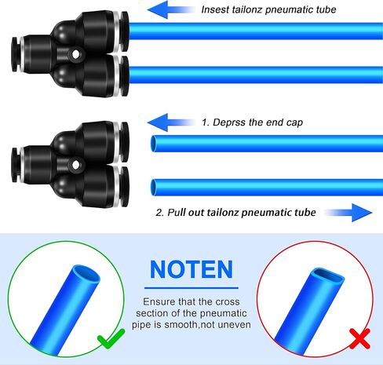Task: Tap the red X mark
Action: tap(360, 338)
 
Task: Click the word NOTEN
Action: tap(191, 269)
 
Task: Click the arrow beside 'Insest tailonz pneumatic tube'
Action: tap(171, 10)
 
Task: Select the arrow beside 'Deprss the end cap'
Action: tap(171, 122)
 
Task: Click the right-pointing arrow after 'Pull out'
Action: tap(348, 213)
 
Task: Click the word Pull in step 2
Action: tap(176, 212)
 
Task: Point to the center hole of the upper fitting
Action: tap(75, 54)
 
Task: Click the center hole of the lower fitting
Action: tap(75, 165)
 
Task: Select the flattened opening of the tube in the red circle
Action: tap(329, 276)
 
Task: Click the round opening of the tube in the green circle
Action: tap(86, 274)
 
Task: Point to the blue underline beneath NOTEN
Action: tap(191, 288)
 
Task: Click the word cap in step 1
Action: tap(294, 123)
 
